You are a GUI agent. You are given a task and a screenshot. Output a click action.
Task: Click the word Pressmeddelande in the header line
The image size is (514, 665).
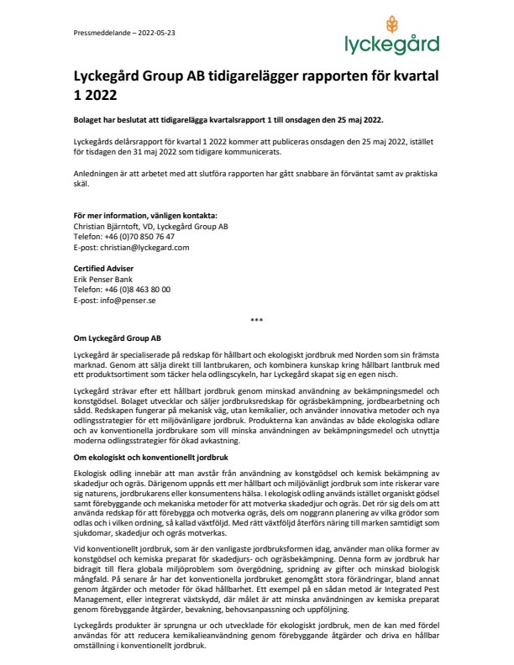(96, 33)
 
